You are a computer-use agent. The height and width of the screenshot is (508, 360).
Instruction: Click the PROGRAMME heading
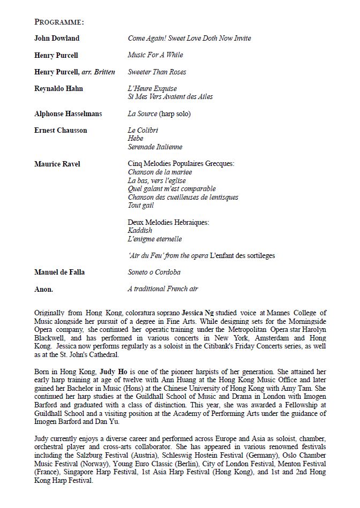pos(59,22)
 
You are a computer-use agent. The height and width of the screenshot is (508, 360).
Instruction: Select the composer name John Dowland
pos(57,39)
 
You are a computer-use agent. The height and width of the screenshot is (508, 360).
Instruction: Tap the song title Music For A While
pos(155,55)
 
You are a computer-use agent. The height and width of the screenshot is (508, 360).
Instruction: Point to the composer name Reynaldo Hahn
pos(58,88)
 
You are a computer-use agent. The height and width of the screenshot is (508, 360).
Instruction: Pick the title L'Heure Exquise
pos(152,88)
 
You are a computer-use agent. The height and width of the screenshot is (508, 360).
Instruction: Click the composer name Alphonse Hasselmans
pos(68,114)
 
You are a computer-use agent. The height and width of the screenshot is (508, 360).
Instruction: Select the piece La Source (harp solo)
pos(159,114)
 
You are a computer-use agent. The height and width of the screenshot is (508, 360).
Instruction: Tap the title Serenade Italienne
pos(155,147)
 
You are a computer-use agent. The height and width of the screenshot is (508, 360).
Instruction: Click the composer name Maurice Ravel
pos(57,164)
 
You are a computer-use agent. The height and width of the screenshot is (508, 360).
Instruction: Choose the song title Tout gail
pos(141,206)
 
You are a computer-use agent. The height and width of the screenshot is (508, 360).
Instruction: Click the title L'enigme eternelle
pos(155,239)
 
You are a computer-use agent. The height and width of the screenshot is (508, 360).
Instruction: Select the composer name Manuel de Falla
pos(59,272)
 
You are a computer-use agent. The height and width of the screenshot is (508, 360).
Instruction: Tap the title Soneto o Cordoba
pos(154,272)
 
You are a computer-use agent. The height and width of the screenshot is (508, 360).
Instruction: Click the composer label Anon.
pos(43,289)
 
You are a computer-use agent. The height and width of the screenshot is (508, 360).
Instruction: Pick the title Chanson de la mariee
pos(160,172)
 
